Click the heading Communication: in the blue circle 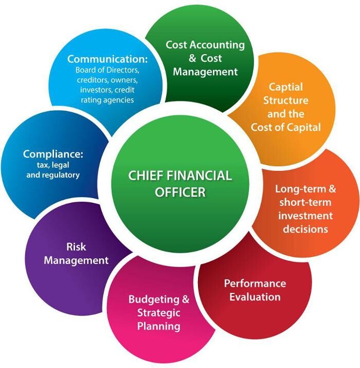click(x=107, y=58)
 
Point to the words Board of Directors click(x=107, y=70)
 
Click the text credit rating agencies click(x=107, y=99)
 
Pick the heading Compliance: click(x=53, y=154)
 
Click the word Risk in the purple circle click(x=76, y=247)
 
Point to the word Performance click(x=255, y=284)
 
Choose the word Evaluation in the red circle click(x=255, y=297)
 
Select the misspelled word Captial click(x=286, y=87)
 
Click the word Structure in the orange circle click(x=286, y=100)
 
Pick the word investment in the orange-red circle click(x=305, y=215)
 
